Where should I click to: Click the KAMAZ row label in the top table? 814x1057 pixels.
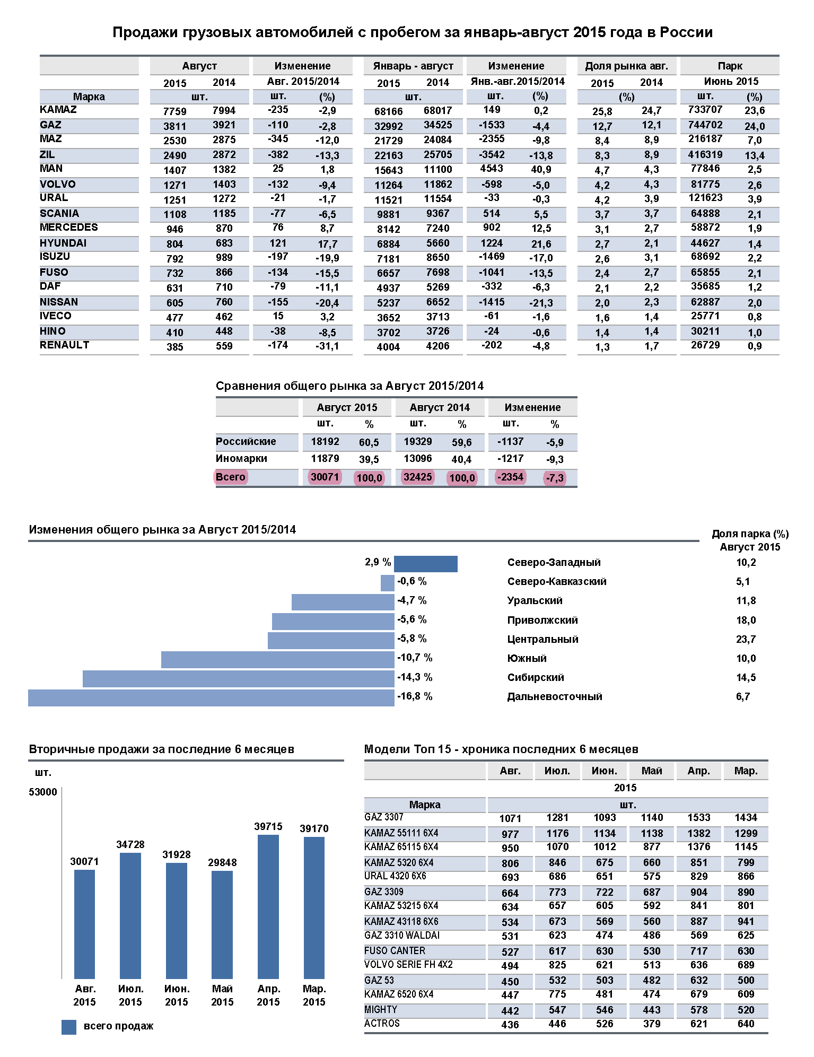click(x=58, y=110)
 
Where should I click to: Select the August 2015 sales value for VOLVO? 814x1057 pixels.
click(x=174, y=185)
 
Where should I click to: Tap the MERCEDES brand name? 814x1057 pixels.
click(x=69, y=228)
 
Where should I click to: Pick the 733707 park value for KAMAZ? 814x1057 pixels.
click(x=705, y=110)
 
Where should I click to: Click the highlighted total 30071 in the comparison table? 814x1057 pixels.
click(x=325, y=477)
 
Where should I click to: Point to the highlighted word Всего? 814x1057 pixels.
click(x=230, y=477)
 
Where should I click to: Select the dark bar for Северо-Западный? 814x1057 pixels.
click(x=425, y=564)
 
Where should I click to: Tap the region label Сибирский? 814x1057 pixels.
click(x=536, y=677)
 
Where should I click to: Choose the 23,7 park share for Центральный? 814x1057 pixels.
click(x=746, y=639)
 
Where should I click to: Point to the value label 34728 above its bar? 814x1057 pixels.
click(x=130, y=844)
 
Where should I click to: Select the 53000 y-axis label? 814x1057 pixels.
click(x=43, y=792)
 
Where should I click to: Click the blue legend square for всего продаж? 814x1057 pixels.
click(x=69, y=1027)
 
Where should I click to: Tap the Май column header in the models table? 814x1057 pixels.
click(x=652, y=771)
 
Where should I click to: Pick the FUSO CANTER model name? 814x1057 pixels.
click(x=395, y=950)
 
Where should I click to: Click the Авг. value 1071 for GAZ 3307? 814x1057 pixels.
click(x=510, y=818)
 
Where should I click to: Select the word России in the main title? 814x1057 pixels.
click(x=686, y=32)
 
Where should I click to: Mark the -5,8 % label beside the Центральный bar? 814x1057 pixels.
click(x=412, y=639)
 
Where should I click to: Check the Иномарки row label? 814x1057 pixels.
click(x=241, y=458)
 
